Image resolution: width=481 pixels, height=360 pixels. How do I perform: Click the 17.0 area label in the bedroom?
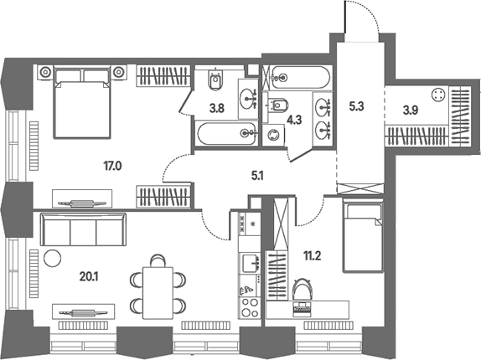tap(112, 167)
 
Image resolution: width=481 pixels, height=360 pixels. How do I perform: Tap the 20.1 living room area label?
tap(89, 277)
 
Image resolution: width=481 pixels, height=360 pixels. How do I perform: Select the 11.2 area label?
tap(313, 255)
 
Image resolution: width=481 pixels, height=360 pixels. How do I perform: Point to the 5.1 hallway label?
tap(257, 176)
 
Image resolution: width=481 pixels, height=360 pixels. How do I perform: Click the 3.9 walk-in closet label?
tap(411, 111)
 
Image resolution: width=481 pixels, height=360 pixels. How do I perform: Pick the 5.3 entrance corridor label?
tap(356, 106)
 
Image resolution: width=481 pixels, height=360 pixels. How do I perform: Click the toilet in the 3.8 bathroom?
tap(215, 80)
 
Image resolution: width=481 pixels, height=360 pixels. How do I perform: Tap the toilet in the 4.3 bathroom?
tap(278, 105)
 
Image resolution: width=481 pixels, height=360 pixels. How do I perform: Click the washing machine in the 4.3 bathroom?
tap(273, 135)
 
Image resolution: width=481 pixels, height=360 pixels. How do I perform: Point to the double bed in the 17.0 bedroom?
tap(82, 102)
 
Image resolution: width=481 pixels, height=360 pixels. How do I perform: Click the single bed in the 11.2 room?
tap(363, 235)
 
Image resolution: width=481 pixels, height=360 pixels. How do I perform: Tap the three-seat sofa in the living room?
tap(83, 229)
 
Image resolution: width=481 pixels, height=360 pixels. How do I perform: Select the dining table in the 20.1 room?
tap(158, 292)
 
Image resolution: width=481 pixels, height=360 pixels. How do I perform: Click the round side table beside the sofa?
tap(53, 259)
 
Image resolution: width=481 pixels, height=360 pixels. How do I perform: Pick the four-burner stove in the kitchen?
tap(250, 307)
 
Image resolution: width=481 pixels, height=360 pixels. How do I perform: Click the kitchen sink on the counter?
tap(250, 263)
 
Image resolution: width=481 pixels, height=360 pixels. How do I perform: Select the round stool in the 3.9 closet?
tap(437, 95)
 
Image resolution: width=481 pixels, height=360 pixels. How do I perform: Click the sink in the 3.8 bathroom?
tap(248, 98)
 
